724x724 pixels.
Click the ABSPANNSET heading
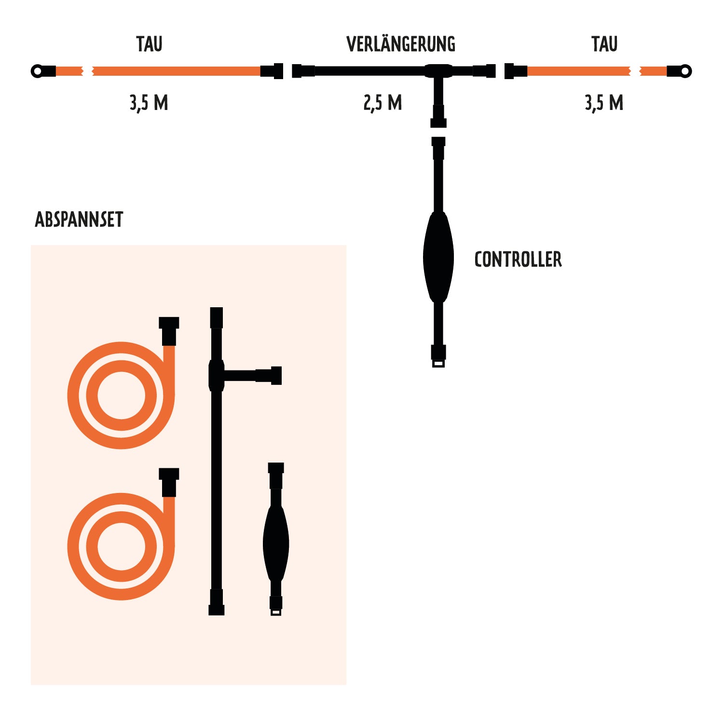[79, 219]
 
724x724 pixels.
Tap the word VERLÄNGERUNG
[401, 44]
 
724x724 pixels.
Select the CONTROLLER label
[518, 260]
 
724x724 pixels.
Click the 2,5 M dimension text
[382, 103]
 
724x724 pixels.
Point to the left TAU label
[149, 44]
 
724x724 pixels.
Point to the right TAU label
[604, 44]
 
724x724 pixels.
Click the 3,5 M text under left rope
[149, 103]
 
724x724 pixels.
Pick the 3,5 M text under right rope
[604, 103]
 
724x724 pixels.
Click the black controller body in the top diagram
[438, 257]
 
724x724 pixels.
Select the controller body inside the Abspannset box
[276, 543]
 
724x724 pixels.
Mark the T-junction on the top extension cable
[438, 71]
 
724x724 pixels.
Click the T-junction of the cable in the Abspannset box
[217, 375]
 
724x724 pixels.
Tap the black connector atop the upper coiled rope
[169, 331]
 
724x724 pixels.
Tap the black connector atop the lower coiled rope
[169, 482]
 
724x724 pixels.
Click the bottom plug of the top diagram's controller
[438, 356]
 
